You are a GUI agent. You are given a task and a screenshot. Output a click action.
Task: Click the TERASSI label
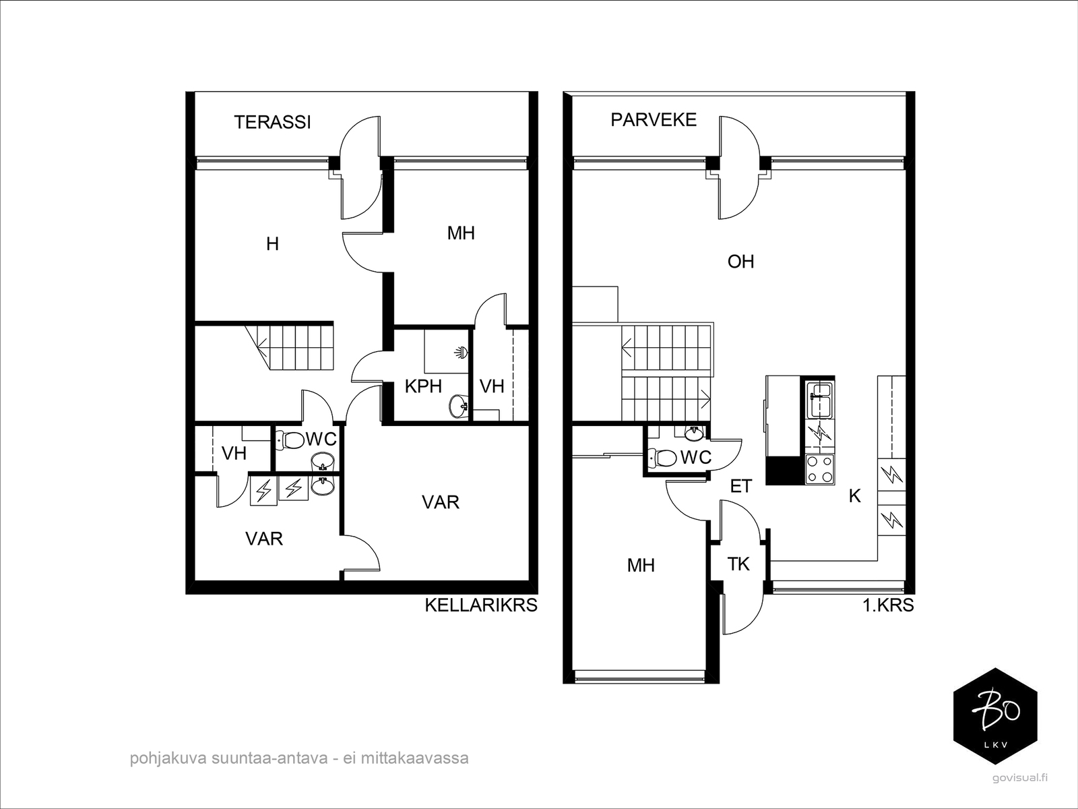tap(272, 122)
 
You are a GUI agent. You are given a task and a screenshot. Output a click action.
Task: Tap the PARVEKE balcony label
tap(653, 120)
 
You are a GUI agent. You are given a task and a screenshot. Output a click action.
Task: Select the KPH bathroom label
tap(423, 386)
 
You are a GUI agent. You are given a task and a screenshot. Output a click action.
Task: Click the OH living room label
tap(740, 262)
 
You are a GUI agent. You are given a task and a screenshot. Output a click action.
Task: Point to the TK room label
tap(738, 564)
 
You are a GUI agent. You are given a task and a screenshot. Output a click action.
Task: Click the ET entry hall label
tap(740, 486)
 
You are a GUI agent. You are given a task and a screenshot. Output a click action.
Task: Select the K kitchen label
tap(854, 496)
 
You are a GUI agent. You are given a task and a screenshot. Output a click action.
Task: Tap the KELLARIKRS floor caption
tap(480, 605)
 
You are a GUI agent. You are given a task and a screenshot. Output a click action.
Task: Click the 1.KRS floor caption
tap(888, 605)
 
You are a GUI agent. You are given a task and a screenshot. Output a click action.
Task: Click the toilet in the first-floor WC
tap(663, 458)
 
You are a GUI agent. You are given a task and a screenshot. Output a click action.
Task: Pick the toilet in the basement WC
tap(291, 440)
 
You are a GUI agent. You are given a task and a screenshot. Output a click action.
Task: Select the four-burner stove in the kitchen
tap(820, 469)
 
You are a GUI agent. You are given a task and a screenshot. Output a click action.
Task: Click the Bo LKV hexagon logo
tap(996, 717)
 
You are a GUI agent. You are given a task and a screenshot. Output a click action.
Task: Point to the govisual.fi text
tap(1020, 777)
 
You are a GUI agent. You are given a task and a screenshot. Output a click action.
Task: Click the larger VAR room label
tap(441, 502)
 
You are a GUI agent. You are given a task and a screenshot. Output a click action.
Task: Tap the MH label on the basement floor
tap(461, 233)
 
